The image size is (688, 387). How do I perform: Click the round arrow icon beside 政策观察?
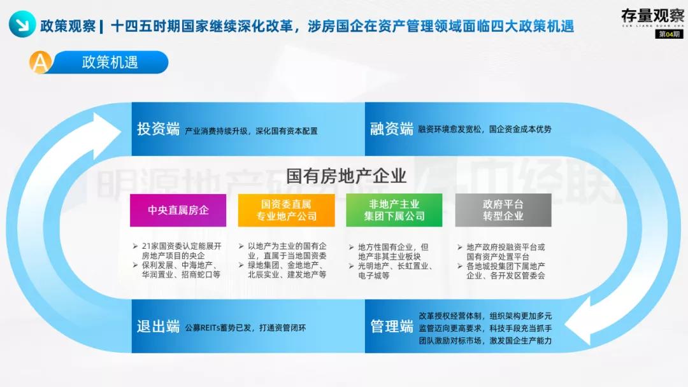22,25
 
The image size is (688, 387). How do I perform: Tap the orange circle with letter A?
39,62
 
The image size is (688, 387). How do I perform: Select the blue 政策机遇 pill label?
110,62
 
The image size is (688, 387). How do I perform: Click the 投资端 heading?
158,129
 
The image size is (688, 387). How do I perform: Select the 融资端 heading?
391,129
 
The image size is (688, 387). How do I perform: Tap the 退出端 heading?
158,327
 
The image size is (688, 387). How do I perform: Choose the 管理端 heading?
392,327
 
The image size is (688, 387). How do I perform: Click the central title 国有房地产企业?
346,175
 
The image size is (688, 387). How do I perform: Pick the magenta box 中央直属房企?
178,210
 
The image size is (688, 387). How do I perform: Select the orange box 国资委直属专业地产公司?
286,210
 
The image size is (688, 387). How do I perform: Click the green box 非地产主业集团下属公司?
394,210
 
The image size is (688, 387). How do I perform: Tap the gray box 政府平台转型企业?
503,210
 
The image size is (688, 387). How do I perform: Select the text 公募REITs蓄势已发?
219,328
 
